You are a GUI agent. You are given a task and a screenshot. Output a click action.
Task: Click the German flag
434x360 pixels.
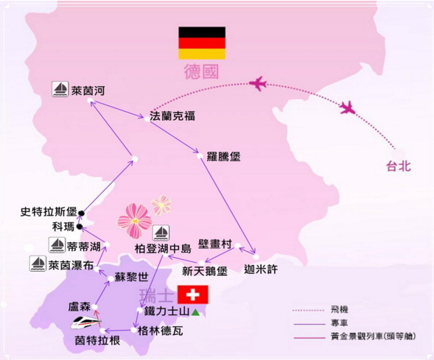pos(202,43)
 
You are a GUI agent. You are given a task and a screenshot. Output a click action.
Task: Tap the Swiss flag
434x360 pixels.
pos(192,294)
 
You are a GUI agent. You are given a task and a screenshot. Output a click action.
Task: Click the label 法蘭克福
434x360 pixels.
pos(172,116)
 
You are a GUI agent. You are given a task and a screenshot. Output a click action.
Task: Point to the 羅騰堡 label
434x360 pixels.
pos(224,157)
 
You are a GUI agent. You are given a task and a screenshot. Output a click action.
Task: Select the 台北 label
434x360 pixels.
pos(399,166)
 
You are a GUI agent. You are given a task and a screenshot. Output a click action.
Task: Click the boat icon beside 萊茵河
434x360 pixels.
pos(60,89)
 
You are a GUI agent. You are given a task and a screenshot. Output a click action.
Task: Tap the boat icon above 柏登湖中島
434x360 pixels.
pos(161,233)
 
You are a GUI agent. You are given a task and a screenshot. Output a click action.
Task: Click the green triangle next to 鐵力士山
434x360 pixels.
pos(195,312)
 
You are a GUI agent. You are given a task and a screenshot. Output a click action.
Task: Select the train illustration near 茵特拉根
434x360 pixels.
pos(86,322)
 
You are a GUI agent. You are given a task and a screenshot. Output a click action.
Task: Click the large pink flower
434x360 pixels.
pos(135,221)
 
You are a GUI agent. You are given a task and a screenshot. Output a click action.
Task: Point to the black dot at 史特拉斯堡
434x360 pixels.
pos(81,213)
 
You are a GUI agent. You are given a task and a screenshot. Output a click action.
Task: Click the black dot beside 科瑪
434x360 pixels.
pos(80,227)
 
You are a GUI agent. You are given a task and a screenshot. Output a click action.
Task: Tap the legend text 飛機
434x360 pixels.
pos(340,309)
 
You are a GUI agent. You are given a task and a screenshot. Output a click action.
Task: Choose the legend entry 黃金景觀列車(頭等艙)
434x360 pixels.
pos(373,336)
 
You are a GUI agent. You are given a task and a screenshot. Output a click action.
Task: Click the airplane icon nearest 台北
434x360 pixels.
pos(348,107)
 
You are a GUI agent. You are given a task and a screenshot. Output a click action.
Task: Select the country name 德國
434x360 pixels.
pos(201,71)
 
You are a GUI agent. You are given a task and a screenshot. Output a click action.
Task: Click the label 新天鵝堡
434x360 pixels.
pos(205,271)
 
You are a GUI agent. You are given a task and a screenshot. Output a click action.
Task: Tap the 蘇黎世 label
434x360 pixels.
pos(132,277)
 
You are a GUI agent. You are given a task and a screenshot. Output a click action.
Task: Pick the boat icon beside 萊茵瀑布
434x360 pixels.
pos(38,264)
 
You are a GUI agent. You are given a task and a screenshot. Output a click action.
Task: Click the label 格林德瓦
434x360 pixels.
pos(161,331)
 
